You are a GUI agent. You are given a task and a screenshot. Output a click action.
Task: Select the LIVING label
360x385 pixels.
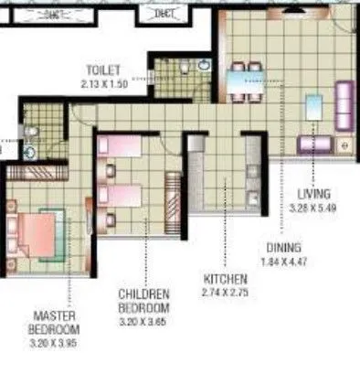coord(314,195)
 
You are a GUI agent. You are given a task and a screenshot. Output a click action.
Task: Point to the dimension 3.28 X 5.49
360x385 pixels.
coord(314,207)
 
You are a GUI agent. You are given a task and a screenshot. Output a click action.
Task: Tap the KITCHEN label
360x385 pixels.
coord(226,280)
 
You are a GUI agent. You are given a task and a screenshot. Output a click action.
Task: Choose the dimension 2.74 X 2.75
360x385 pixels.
coord(226,293)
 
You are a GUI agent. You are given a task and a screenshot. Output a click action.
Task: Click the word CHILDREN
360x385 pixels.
coord(144,294)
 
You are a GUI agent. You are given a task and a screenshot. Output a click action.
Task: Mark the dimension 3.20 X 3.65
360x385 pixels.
coord(144,322)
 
